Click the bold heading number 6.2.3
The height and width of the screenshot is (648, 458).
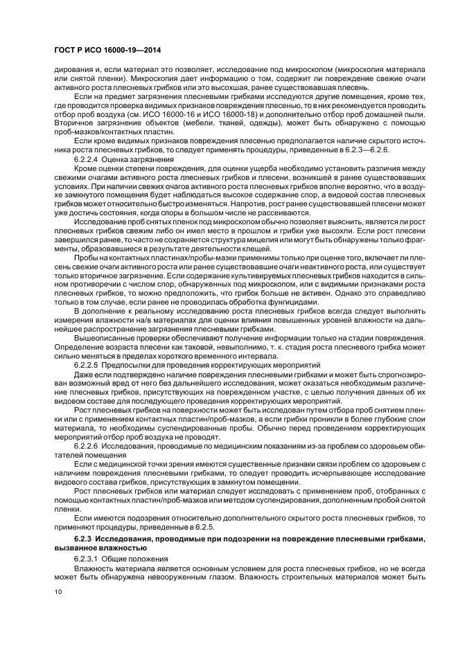click(83, 538)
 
